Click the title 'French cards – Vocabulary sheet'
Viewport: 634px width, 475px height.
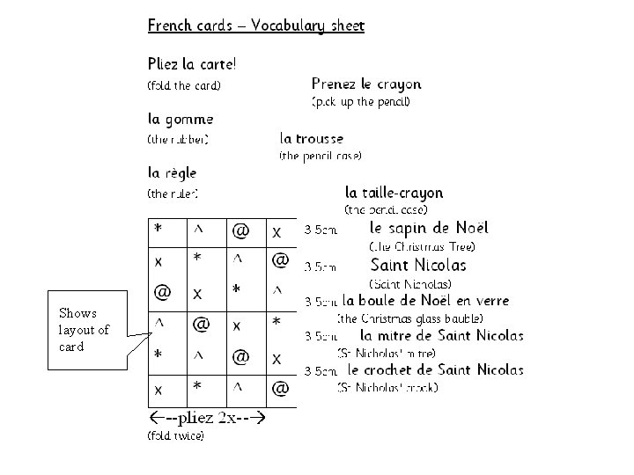(255, 26)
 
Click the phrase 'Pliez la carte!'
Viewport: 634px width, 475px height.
(191, 64)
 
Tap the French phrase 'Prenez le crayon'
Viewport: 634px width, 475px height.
(366, 84)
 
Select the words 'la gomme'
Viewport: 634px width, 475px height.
(180, 118)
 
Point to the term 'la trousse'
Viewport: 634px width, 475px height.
(312, 137)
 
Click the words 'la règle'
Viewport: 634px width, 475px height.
(172, 172)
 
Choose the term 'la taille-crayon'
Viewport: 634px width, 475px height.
(394, 192)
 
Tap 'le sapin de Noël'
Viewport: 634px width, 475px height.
(422, 227)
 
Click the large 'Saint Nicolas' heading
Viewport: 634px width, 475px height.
(419, 264)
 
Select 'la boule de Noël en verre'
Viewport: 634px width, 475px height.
(425, 301)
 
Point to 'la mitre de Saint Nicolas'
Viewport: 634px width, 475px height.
(442, 335)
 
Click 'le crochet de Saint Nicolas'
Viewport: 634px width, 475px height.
(436, 369)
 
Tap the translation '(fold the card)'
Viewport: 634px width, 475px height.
(183, 85)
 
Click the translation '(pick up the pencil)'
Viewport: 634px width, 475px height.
(361, 102)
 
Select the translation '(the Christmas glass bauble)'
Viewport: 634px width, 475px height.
(410, 318)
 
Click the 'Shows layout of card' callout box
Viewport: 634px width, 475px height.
(84, 329)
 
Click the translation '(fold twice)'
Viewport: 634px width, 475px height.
(175, 435)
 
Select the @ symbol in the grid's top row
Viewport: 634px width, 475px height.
(240, 231)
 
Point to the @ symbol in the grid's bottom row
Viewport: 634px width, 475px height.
(280, 387)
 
